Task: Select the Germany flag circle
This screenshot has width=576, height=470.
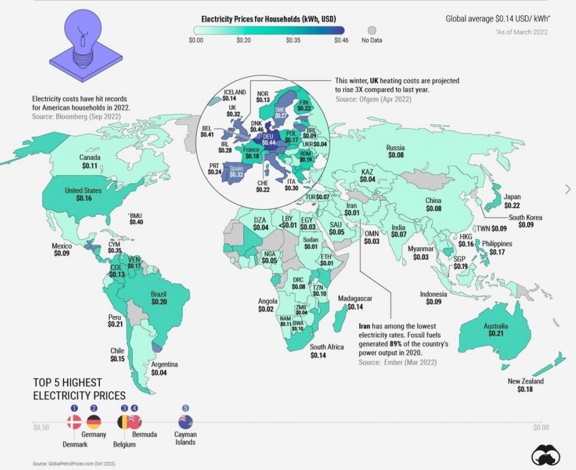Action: (x=94, y=421)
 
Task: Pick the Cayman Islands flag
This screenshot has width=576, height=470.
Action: (x=186, y=421)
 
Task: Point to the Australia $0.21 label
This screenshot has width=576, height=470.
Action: (x=496, y=330)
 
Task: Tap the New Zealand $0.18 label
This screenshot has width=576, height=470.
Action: (x=526, y=385)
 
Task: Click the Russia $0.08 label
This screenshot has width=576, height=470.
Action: (x=396, y=152)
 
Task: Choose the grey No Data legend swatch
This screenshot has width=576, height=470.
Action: (x=371, y=30)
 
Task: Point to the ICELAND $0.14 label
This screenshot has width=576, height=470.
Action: (x=234, y=96)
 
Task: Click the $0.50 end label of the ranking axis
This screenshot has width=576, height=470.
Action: (x=41, y=427)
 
